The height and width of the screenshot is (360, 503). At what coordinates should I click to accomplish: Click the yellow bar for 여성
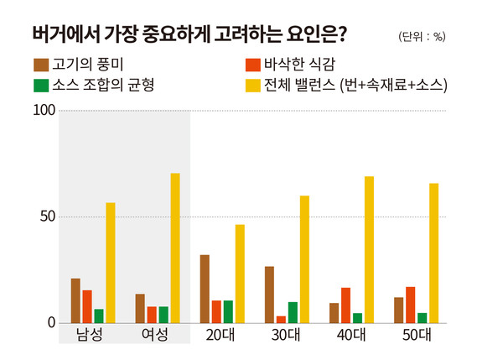coord(175,248)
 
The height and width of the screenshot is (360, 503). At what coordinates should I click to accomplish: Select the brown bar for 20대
coord(205,289)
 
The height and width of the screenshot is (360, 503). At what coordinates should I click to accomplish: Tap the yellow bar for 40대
coord(369,250)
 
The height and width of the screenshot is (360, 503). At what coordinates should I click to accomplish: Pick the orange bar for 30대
coord(281,319)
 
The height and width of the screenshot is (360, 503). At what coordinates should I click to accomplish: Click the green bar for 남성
coord(99,316)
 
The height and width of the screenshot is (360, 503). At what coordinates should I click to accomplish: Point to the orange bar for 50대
coord(410,305)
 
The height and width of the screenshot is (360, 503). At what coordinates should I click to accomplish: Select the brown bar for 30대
coord(269,295)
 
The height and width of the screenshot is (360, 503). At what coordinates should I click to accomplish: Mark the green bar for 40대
coord(357,318)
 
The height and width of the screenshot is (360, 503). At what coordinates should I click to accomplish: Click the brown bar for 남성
coord(75,300)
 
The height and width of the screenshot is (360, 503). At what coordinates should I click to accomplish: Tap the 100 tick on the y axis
coord(44,111)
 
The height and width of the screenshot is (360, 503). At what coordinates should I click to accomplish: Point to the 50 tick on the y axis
coord(47,217)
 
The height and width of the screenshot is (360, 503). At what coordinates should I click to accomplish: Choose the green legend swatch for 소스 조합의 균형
coord(40,85)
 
